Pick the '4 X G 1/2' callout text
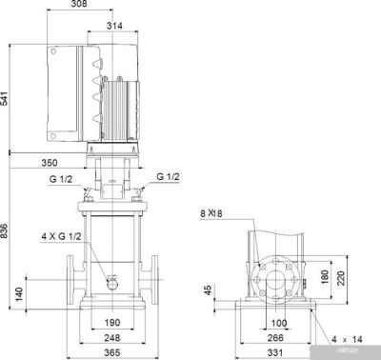coord(61,235)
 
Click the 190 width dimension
coord(111,323)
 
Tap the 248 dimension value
coord(111,337)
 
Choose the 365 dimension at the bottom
coord(111,353)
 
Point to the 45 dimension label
coord(208,290)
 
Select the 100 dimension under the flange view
coord(279,323)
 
